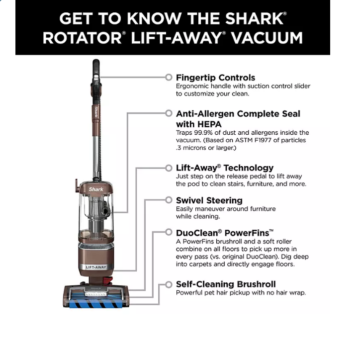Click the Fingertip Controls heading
click(x=215, y=78)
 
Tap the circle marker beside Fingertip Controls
click(x=169, y=78)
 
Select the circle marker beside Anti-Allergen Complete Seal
click(x=169, y=113)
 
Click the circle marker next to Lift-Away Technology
click(x=169, y=168)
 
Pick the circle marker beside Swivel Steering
click(x=169, y=200)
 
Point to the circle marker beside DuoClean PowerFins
click(x=169, y=232)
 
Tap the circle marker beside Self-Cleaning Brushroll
click(x=169, y=284)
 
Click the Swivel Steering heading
click(x=209, y=200)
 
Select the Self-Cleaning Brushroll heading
click(x=226, y=284)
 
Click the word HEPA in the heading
click(x=209, y=124)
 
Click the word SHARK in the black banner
click(x=254, y=18)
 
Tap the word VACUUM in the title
click(x=267, y=38)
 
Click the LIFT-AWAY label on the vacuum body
click(x=96, y=268)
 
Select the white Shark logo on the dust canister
click(x=96, y=189)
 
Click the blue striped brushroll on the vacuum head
click(x=96, y=304)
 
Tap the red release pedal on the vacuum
click(x=108, y=280)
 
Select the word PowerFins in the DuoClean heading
click(x=247, y=233)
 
